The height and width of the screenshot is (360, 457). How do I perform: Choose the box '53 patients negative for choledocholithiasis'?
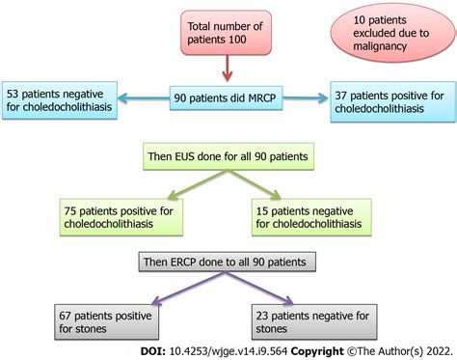tap(60, 99)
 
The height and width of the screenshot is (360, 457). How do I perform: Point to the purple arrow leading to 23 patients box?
tap(280, 288)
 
